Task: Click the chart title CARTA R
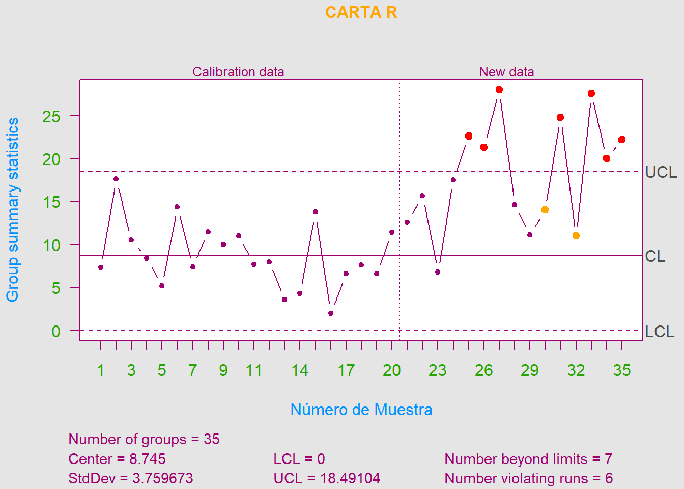coord(361,12)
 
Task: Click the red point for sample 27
coord(499,90)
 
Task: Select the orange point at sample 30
coord(545,210)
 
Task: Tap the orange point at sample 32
coord(576,236)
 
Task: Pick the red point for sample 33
coord(591,93)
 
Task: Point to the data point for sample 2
coord(116,179)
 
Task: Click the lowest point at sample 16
coord(331,313)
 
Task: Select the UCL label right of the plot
coord(661,173)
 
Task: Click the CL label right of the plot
coord(655,256)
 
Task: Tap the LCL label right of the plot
coord(660,332)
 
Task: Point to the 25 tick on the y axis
coord(51,117)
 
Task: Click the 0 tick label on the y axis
coord(56,332)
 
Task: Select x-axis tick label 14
coord(300,370)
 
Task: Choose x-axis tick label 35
coord(622,370)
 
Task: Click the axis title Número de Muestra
coord(361,410)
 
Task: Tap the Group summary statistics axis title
coord(13,209)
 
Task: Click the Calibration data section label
coord(238,72)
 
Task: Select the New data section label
coord(506,72)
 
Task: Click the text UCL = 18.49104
coord(327,478)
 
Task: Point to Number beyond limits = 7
coord(528,459)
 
